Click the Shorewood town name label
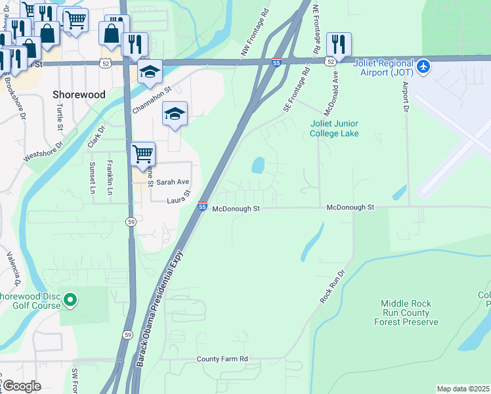coord(78,95)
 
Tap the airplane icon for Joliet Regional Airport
coord(424,66)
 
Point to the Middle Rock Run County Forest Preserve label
coord(410,313)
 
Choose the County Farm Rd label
coord(222,359)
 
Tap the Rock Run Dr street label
coord(332,286)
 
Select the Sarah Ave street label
coord(173,182)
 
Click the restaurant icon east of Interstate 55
coord(339,44)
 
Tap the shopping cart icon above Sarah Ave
coord(142,154)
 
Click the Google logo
coord(22,386)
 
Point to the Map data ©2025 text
coord(462,389)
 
